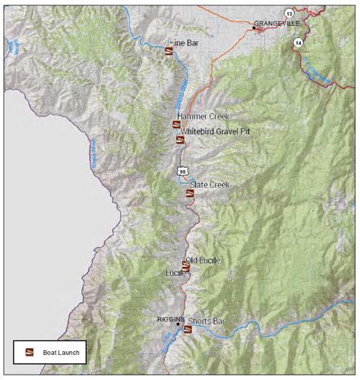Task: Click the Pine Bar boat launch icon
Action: coord(168,52)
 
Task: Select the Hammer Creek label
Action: coord(199,116)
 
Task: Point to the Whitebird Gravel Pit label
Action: coord(215,131)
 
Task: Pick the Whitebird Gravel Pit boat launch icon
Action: coord(180,139)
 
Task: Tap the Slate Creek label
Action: coord(210,185)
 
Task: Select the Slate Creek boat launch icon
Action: coord(189,193)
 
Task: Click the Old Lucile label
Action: coord(203,261)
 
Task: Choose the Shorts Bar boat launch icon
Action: coord(188,330)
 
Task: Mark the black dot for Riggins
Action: coord(178,325)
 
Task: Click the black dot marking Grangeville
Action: coord(254,28)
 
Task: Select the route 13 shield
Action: coord(289,13)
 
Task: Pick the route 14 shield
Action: coord(298,43)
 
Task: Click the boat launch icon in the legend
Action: coord(31,352)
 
